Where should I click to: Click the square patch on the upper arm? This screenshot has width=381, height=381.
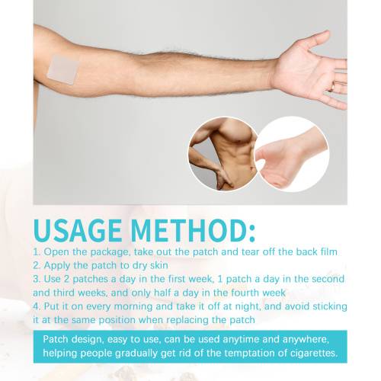point(62,69)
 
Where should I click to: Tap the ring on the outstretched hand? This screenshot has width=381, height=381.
point(332,88)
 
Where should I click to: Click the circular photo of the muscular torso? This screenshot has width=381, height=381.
point(223,154)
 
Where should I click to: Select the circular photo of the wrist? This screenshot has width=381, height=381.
point(292,154)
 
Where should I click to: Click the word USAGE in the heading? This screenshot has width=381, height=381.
point(78,230)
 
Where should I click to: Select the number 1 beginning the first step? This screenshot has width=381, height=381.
point(37,252)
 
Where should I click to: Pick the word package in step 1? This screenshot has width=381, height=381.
point(110,252)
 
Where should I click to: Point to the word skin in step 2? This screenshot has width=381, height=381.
point(158,265)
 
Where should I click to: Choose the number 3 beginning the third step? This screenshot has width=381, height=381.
point(37,279)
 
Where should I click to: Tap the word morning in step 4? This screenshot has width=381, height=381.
point(133,306)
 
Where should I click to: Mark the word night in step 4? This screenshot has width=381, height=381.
point(248,306)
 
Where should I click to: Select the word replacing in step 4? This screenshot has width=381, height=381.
point(187,320)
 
